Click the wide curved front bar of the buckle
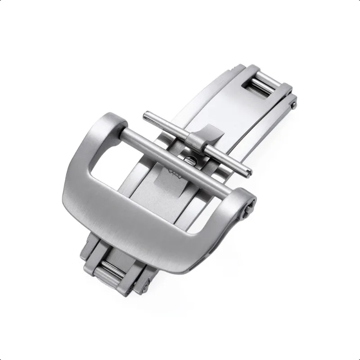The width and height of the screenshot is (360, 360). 148,225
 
